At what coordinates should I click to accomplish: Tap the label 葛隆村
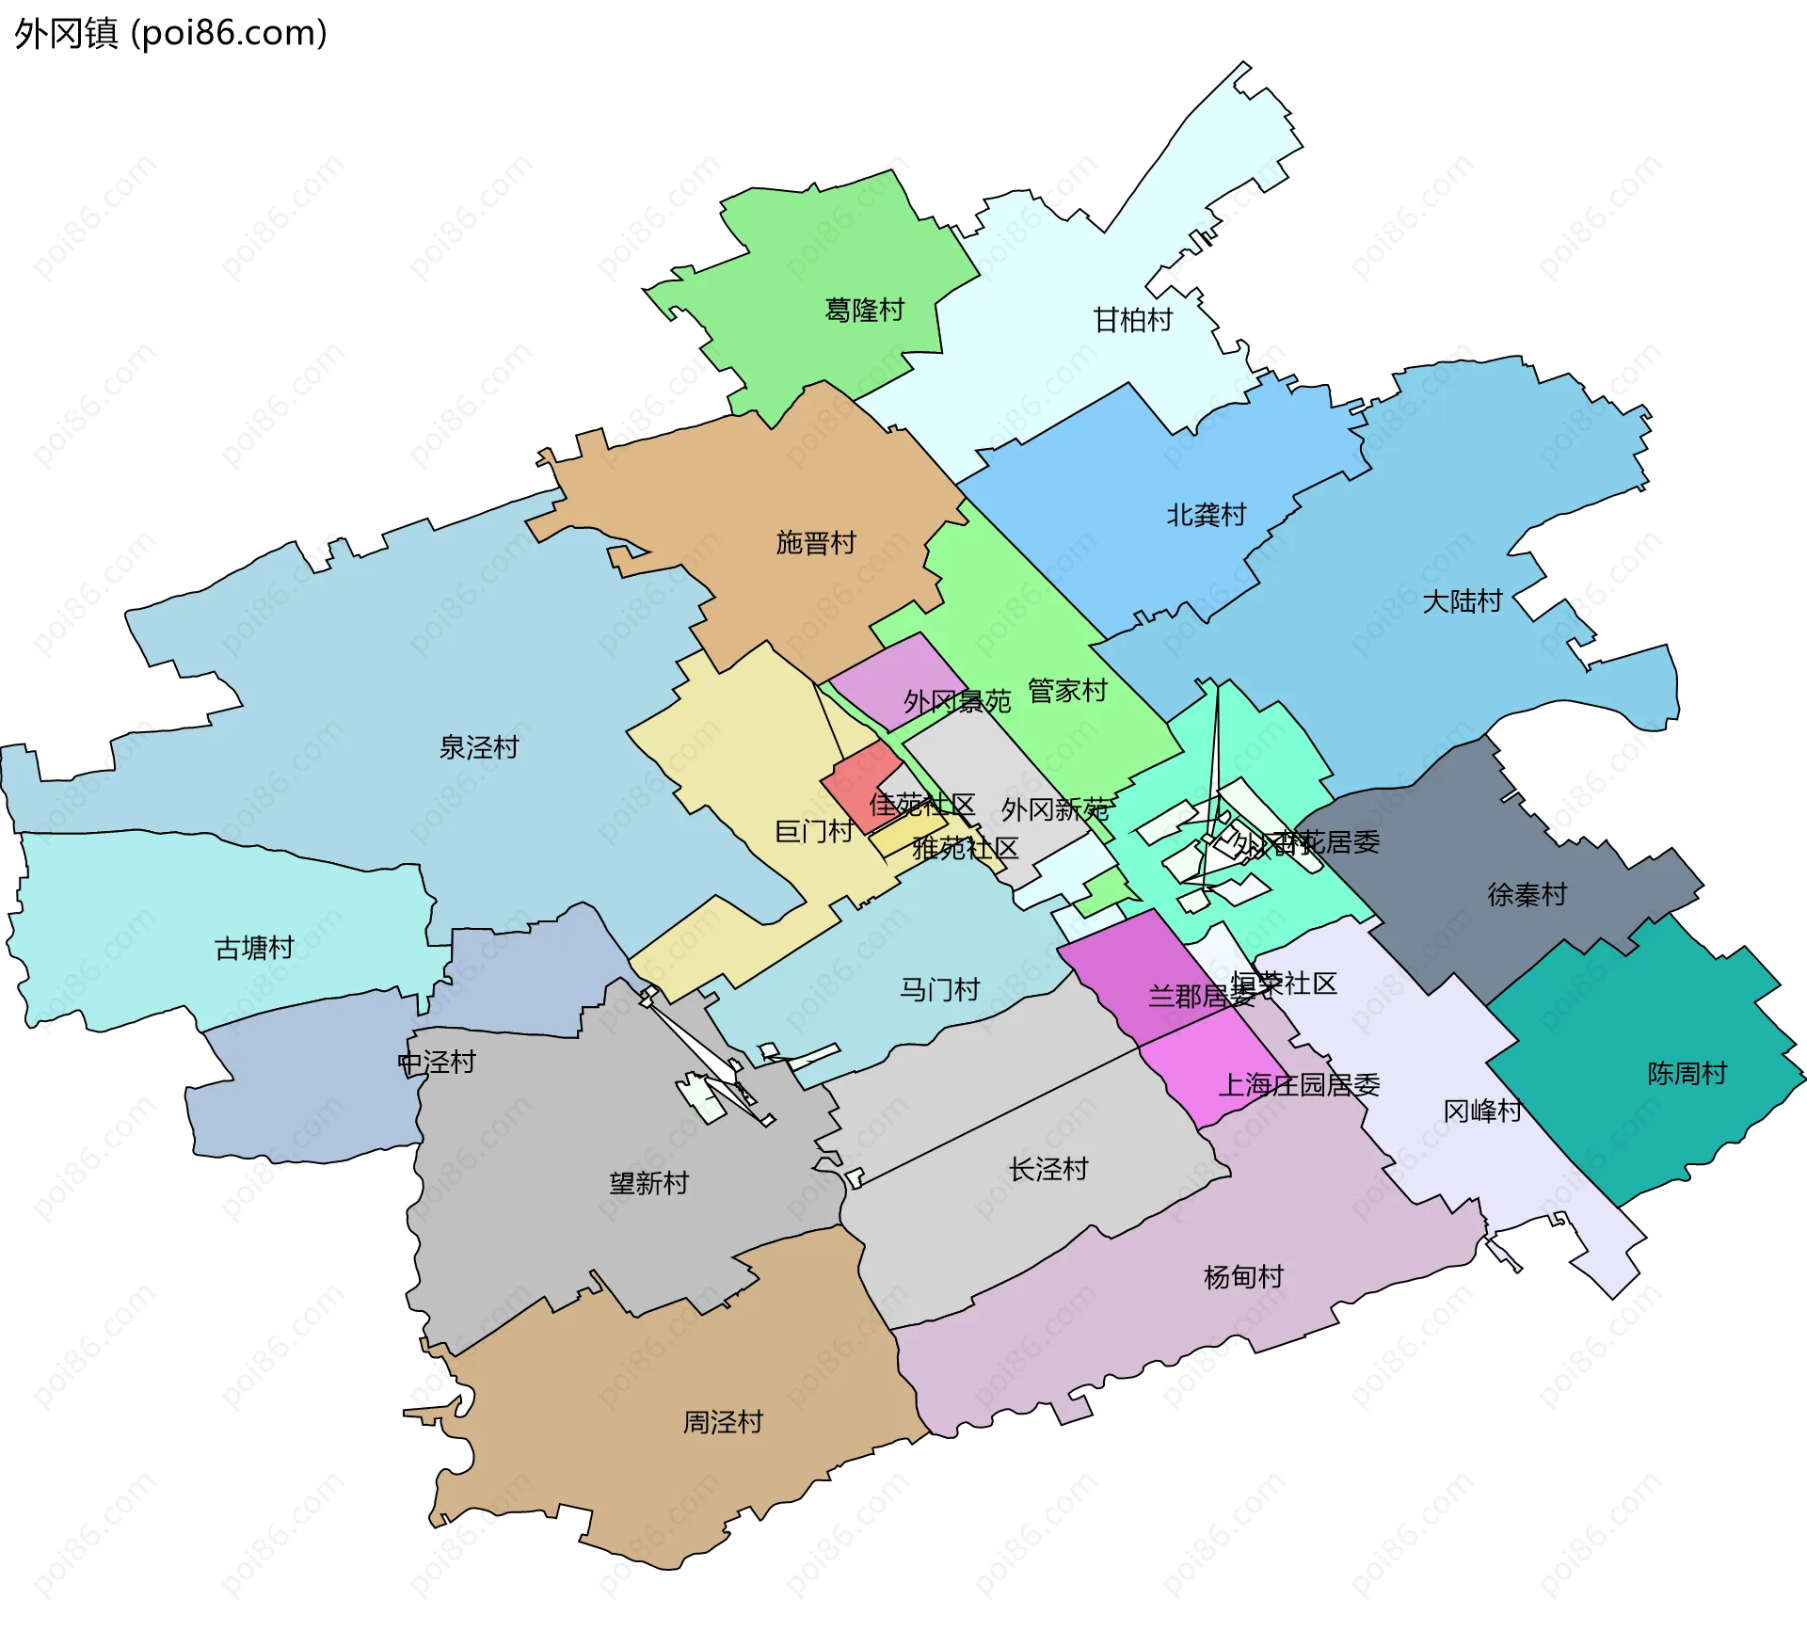pos(864,310)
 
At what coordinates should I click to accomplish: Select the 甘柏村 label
pos(1132,320)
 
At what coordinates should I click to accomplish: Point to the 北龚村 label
pos(1206,515)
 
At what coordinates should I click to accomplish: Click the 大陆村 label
pos(1462,600)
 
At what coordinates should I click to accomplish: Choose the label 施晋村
pos(815,543)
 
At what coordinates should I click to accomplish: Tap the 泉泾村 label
pos(478,747)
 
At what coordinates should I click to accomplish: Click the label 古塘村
pos(254,948)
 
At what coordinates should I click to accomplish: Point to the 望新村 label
pos(648,1183)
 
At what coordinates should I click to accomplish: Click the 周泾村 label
pos(722,1422)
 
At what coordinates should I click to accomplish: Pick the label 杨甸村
pos(1243,1277)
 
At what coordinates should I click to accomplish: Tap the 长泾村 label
pos(1048,1170)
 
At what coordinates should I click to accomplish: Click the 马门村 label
pos(939,990)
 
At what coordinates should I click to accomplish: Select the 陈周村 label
pos(1687,1074)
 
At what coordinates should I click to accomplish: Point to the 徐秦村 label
pos(1527,895)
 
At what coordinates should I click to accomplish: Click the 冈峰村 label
pos(1482,1111)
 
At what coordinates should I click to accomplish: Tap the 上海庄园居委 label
pos(1299,1086)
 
